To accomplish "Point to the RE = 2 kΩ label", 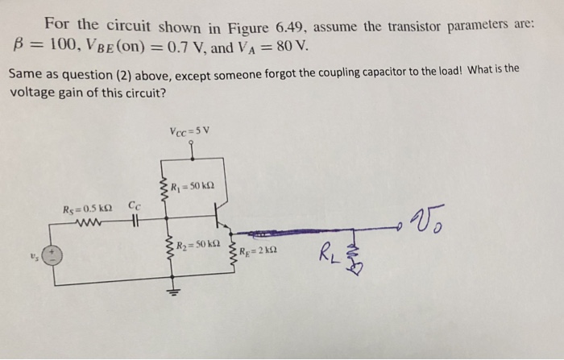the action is (260, 250).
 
